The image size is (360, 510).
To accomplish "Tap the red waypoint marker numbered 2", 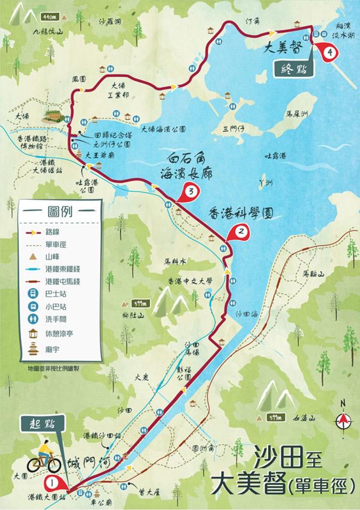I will coord(241,231).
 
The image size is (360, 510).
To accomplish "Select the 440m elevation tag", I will coord(50,17).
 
